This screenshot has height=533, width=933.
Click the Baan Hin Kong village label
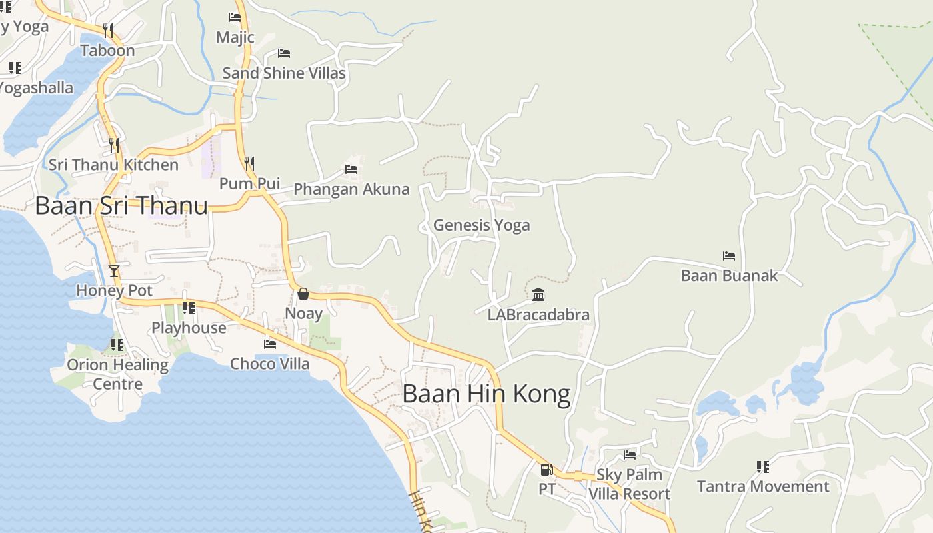point(486,394)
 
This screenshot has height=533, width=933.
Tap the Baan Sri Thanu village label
point(121,205)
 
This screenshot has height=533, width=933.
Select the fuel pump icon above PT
point(546,470)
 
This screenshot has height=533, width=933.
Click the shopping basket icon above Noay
point(303,294)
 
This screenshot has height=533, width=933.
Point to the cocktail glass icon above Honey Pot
point(114,271)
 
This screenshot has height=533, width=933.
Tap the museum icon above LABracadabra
point(538,294)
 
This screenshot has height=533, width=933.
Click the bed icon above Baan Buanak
point(729,256)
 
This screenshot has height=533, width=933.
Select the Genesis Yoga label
point(481,225)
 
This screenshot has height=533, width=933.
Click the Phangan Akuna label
point(351,189)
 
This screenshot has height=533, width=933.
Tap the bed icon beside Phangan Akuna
point(351,169)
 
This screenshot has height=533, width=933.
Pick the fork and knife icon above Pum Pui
point(249,163)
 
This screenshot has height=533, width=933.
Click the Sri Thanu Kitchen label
point(113,165)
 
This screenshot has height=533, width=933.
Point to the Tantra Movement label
point(763,486)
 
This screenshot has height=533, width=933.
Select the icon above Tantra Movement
point(763,467)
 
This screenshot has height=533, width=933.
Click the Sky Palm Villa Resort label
point(629,484)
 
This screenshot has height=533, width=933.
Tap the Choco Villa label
point(269,364)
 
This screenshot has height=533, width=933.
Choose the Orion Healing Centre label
point(117,374)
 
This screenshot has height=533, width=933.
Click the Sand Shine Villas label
point(284,73)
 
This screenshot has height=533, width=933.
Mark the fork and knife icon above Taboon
point(108,30)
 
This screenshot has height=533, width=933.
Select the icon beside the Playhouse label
point(189,308)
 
